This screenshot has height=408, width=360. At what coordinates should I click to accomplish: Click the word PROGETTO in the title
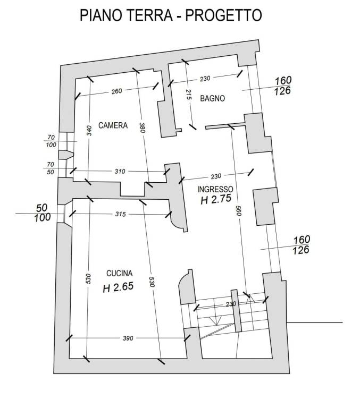[223, 15]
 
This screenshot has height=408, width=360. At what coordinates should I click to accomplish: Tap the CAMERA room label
[113, 125]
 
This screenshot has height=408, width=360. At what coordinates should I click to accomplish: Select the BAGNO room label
[212, 98]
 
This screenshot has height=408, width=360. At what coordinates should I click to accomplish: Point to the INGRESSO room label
[215, 189]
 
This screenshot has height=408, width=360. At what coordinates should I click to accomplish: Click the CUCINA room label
[119, 273]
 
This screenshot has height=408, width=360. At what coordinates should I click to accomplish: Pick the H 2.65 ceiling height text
[118, 287]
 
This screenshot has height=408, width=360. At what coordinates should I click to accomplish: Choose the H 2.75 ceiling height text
[216, 199]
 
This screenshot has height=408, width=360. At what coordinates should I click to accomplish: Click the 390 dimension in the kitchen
[128, 338]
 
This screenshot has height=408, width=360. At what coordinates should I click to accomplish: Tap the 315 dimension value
[120, 214]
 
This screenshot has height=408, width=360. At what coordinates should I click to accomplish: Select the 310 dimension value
[120, 171]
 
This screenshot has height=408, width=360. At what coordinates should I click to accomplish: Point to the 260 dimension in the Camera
[116, 91]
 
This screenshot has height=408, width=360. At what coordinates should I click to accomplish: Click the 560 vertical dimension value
[239, 210]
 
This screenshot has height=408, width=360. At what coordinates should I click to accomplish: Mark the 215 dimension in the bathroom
[189, 94]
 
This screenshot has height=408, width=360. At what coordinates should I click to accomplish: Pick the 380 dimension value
[142, 127]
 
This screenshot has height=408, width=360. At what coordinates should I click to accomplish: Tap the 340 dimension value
[89, 130]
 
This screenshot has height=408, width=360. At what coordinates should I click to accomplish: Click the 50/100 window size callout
[43, 213]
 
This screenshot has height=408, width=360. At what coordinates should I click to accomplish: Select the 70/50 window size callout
[51, 168]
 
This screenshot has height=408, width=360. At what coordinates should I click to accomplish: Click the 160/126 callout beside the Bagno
[283, 86]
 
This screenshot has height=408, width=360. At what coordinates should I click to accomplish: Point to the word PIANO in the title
[101, 15]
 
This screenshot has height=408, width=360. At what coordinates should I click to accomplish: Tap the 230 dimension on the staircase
[231, 304]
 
